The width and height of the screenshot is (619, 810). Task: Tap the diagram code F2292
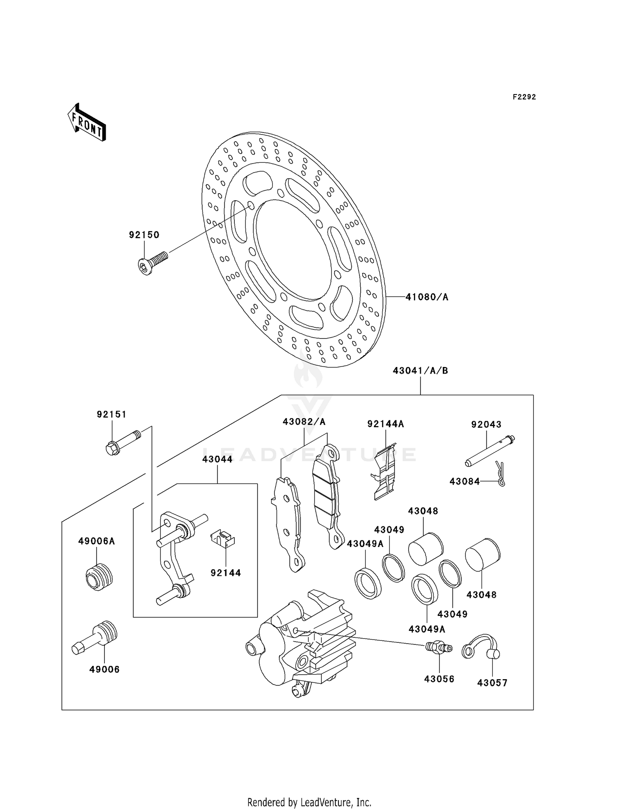click(x=524, y=97)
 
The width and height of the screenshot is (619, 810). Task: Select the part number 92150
click(x=144, y=235)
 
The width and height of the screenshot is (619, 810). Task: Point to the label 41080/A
click(x=427, y=297)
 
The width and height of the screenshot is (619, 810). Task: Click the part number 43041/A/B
click(x=420, y=371)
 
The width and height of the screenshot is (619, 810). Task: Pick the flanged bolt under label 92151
click(x=122, y=442)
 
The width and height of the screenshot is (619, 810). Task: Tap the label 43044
click(x=217, y=459)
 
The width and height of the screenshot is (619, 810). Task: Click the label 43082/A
click(x=304, y=422)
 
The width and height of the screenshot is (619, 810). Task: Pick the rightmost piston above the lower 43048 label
click(x=482, y=554)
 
